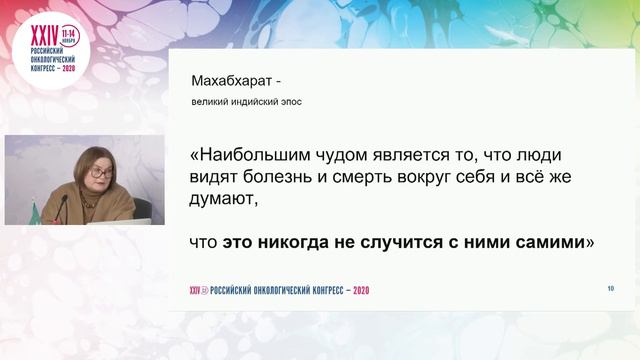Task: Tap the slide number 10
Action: tap(610, 288)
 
